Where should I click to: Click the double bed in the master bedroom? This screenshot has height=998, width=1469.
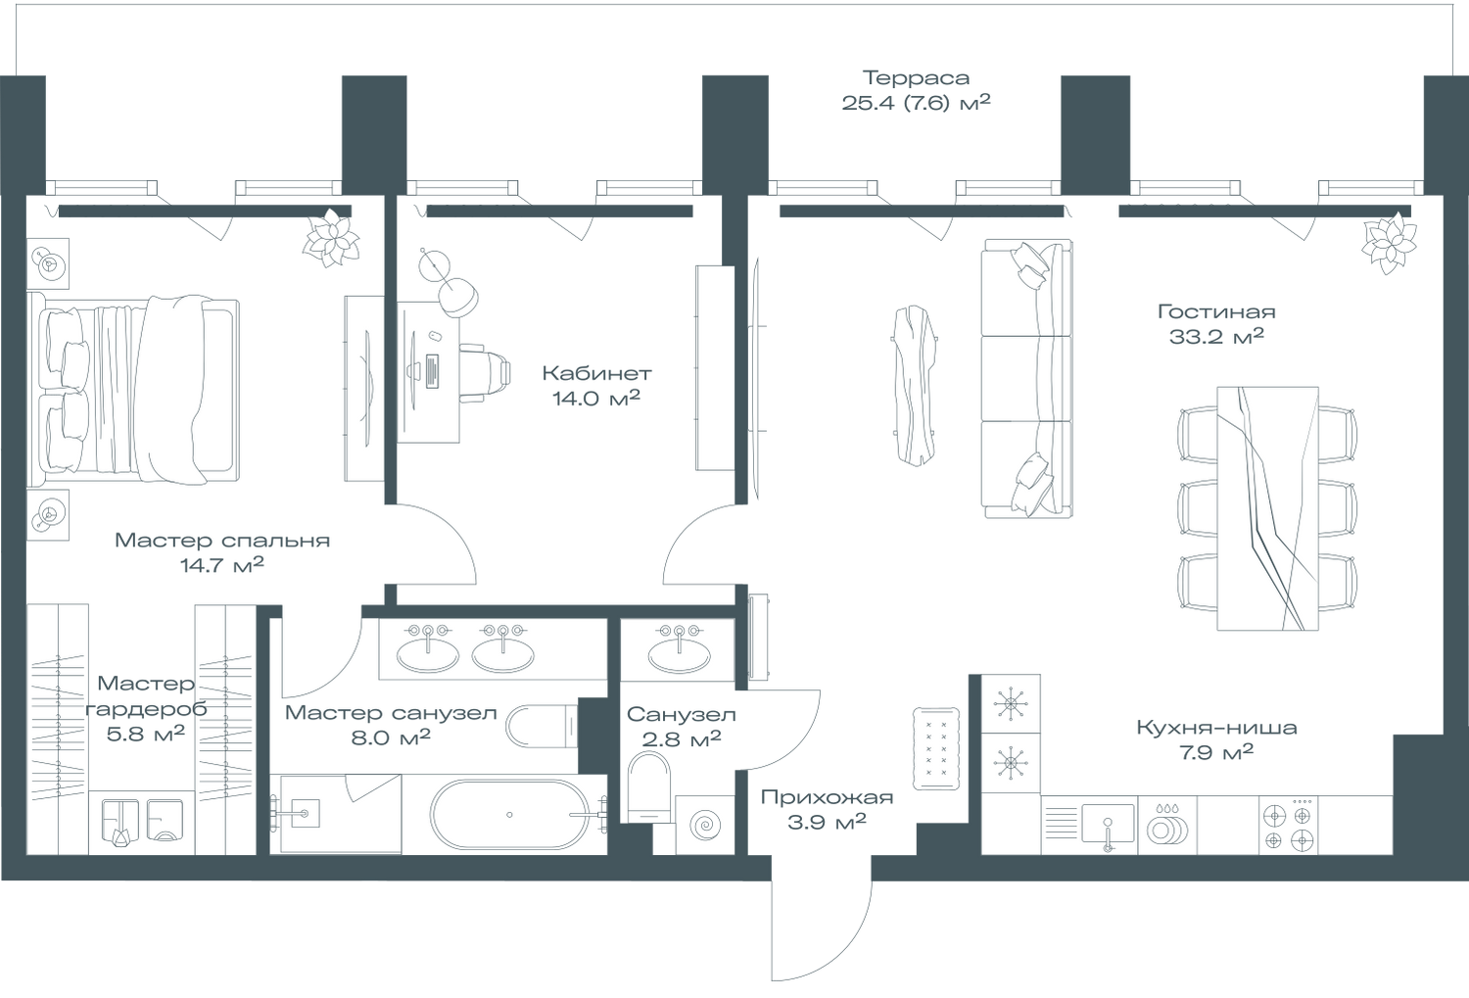(137, 390)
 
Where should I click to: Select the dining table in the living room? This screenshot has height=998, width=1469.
(1267, 507)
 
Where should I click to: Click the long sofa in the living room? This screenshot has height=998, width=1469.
(1026, 378)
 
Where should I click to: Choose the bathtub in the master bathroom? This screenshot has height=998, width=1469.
(510, 814)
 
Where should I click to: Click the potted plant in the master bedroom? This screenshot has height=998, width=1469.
(331, 238)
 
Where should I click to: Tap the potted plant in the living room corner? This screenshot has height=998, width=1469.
(1390, 242)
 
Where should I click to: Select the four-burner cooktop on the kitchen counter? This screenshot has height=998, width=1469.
(1287, 826)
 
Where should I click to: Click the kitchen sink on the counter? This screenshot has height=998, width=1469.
(1108, 824)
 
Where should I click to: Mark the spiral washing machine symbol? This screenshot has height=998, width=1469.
(704, 826)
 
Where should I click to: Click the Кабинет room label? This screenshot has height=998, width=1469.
(596, 373)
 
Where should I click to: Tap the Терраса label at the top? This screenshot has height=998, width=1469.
(915, 77)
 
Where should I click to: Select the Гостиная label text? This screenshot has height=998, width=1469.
(1216, 312)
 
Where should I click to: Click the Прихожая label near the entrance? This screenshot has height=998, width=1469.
(827, 798)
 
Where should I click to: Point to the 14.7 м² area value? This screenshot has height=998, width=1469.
(221, 566)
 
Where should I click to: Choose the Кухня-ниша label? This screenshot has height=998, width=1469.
(1216, 729)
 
